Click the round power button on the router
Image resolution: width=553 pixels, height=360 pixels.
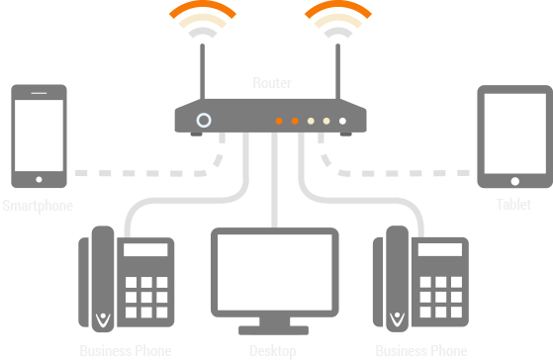click(x=204, y=120)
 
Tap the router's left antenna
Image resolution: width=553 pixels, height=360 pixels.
click(x=204, y=74)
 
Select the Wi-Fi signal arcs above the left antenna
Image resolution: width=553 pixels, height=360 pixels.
click(x=204, y=22)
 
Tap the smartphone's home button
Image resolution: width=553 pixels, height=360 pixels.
click(x=40, y=180)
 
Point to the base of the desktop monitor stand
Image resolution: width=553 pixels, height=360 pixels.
click(x=275, y=328)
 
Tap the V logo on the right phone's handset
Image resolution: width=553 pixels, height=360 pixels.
click(x=398, y=318)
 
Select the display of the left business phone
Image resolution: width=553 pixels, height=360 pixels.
click(x=146, y=251)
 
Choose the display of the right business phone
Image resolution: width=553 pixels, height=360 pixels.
click(x=439, y=251)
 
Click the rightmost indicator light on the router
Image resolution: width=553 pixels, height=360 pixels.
click(x=342, y=121)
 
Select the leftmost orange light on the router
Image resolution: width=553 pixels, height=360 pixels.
click(x=280, y=121)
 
